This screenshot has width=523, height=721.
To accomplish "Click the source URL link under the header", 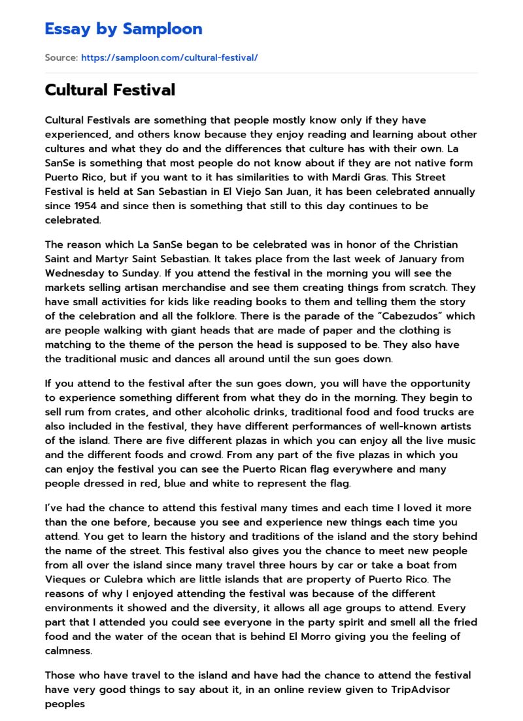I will [x=169, y=58].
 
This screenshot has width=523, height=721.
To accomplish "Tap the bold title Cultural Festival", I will [x=110, y=90].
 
